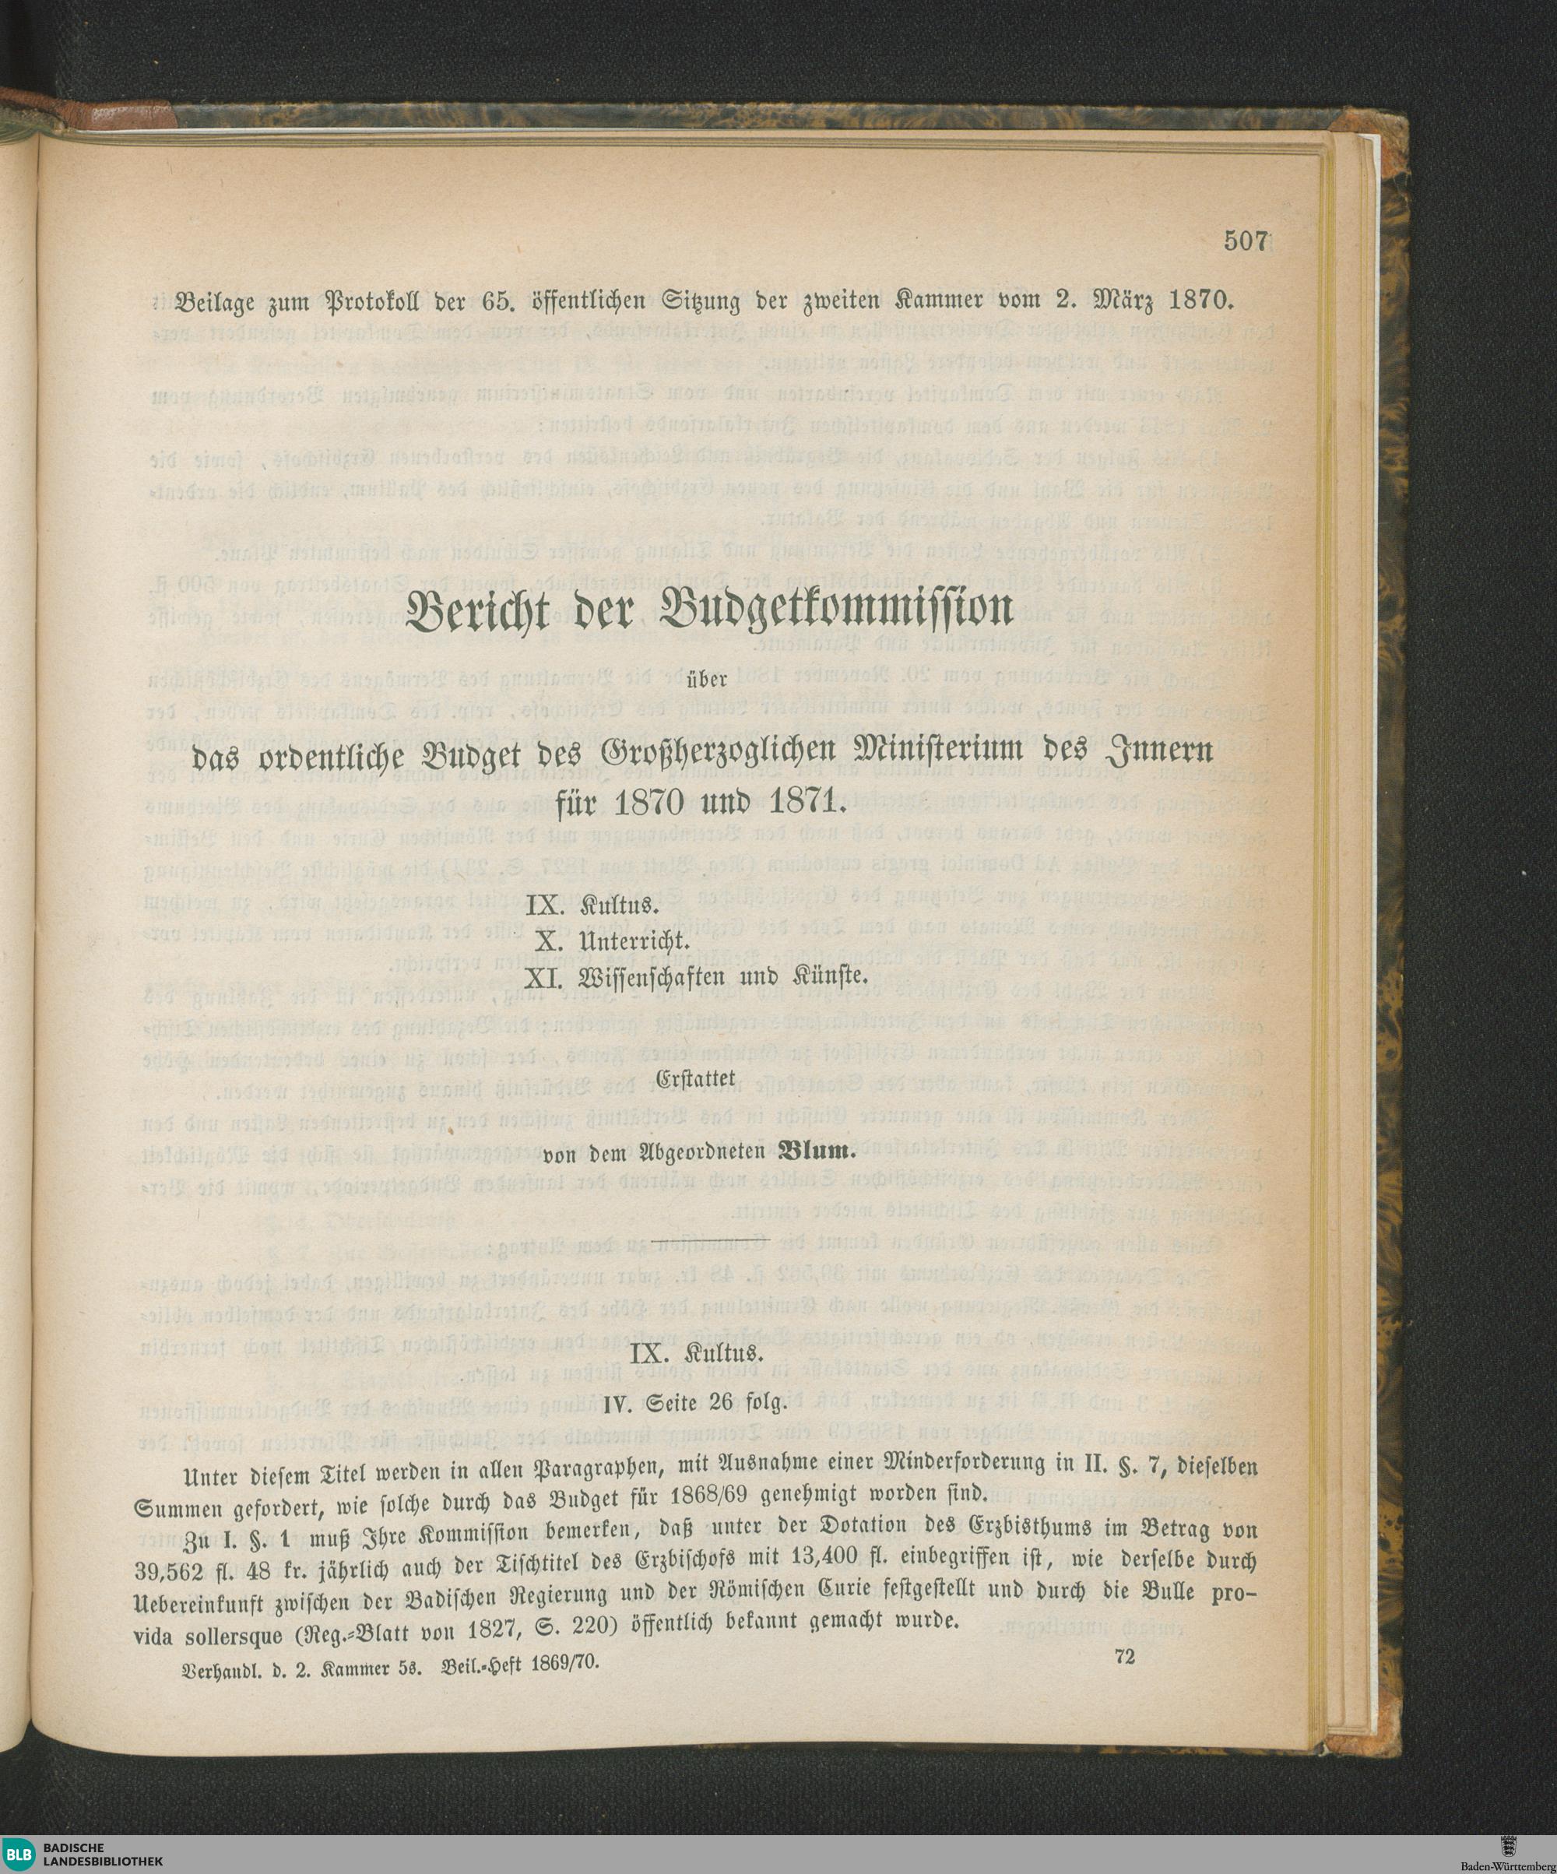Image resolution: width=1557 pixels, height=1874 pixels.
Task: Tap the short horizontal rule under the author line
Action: pos(694,1241)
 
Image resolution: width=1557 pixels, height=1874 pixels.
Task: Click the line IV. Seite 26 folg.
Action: pos(694,1405)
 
